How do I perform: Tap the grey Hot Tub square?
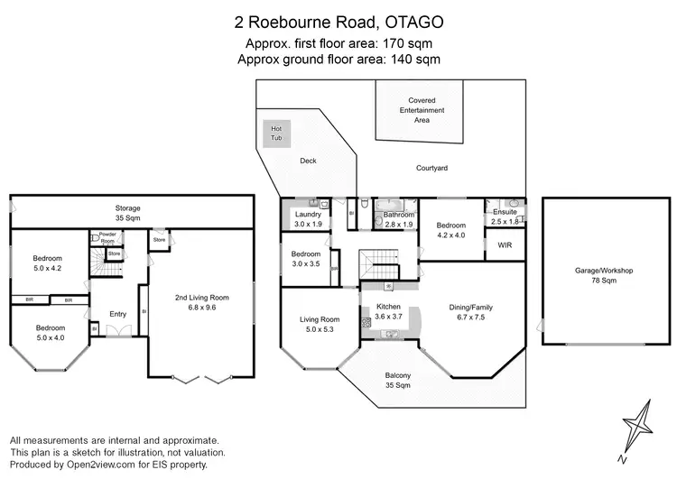click(276, 134)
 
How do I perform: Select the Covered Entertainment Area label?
click(422, 109)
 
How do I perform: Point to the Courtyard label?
click(432, 169)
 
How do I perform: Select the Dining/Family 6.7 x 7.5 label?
click(470, 312)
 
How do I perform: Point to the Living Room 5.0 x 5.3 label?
click(320, 324)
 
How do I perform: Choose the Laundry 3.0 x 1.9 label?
click(308, 219)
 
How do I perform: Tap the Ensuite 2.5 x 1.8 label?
click(505, 216)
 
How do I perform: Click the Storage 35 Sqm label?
click(127, 214)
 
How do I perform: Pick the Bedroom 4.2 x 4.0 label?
click(451, 230)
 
